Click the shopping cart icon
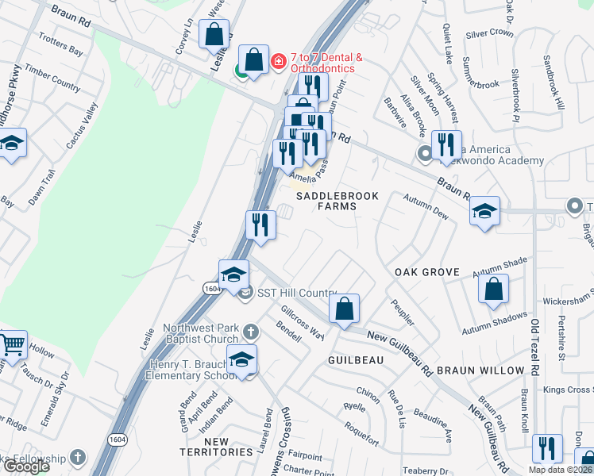13,345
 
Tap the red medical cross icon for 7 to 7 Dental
279,61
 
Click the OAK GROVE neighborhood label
427,272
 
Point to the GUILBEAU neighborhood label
356,360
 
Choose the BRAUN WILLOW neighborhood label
482,370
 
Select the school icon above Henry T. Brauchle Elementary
241,359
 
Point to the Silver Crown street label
490,33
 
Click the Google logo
26,466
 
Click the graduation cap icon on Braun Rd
484,211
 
